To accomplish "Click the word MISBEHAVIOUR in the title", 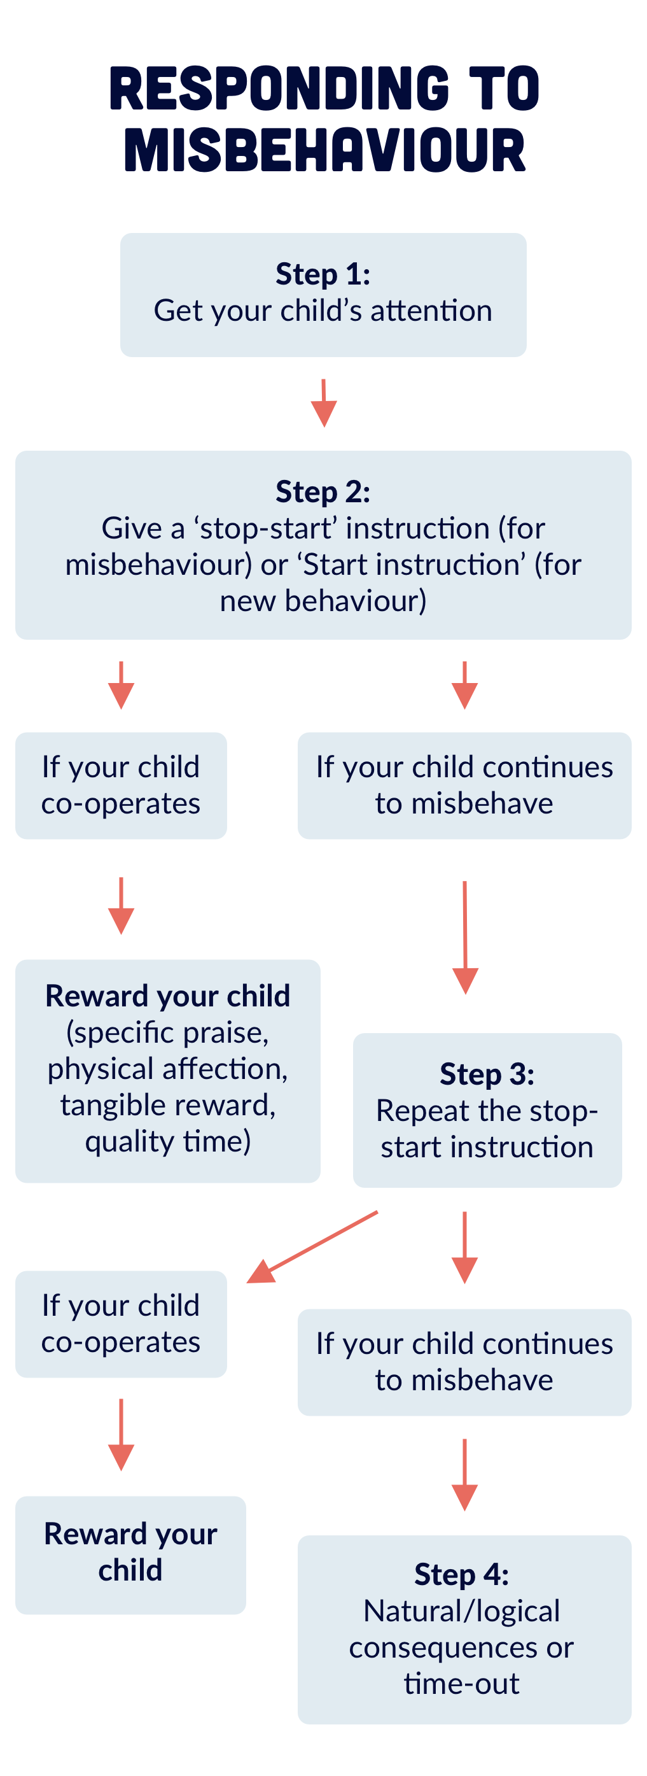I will [324, 150].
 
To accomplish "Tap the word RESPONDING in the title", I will [279, 88].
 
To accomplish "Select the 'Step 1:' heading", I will [323, 274].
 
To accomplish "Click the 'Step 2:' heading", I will [323, 491].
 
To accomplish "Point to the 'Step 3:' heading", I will [487, 1074].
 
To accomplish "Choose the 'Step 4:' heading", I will [462, 1574].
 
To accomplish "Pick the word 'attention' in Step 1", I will [431, 311].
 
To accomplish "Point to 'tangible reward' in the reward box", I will [167, 1104].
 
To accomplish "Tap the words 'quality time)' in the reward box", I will [167, 1141].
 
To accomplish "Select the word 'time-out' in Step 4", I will [462, 1683].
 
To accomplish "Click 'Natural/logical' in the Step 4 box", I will [462, 1610].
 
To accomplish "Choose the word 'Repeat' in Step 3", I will [412, 1111].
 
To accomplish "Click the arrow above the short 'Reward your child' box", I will [122, 1434].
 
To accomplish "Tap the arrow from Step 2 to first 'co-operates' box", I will [122, 686].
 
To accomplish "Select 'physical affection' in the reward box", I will [167, 1069].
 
